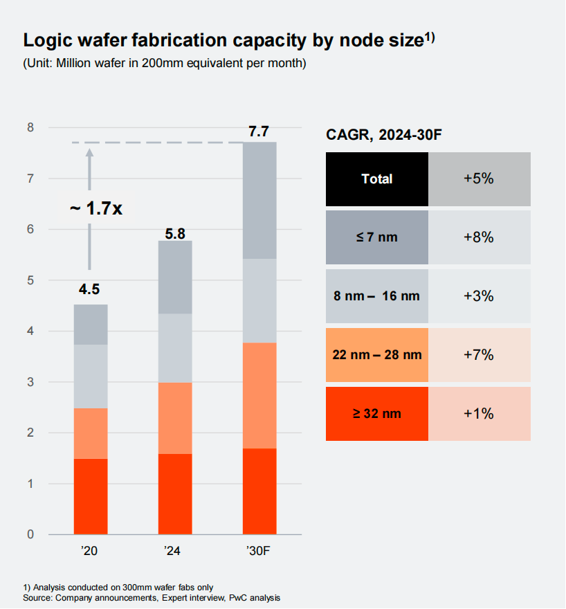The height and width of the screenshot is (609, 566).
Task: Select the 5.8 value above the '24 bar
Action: (x=174, y=234)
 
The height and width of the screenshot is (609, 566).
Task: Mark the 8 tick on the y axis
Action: (x=31, y=127)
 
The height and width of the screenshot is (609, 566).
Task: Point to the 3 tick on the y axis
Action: (x=31, y=382)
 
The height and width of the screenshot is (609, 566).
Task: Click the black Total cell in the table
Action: (x=376, y=179)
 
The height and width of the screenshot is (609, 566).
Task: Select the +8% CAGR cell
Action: (x=479, y=237)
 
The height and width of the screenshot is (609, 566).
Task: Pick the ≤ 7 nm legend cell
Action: (x=376, y=237)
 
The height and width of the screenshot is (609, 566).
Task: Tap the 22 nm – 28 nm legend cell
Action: (x=376, y=355)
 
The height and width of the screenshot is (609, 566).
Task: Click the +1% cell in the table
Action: (x=479, y=414)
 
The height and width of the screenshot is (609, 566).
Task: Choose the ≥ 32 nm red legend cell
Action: (x=376, y=414)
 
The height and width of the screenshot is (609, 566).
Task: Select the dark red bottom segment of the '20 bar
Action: (x=90, y=496)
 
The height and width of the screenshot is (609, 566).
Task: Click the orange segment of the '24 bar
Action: (x=174, y=418)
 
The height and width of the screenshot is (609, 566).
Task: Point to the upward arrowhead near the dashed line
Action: (x=89, y=153)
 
